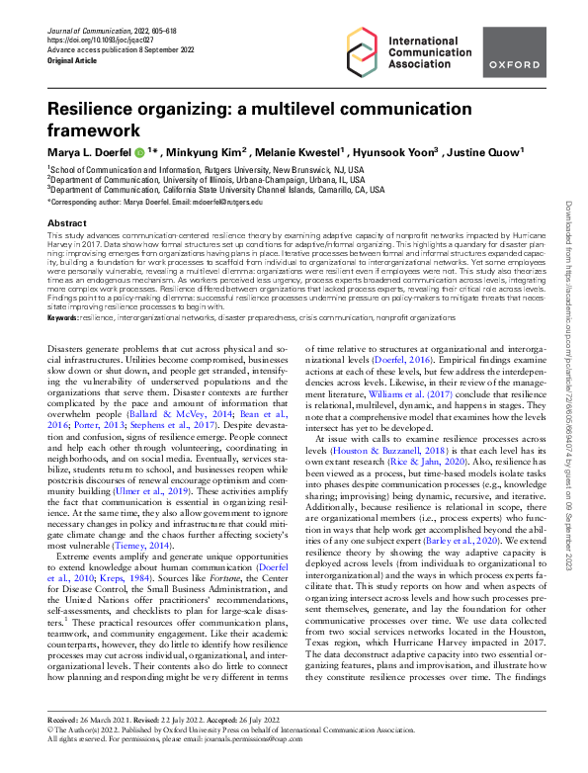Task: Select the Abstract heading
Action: [68, 223]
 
